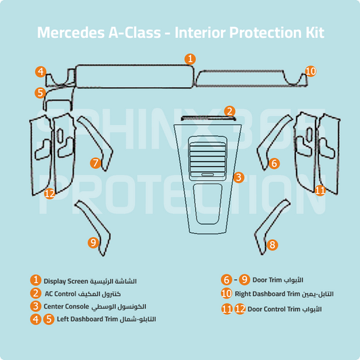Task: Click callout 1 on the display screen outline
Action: point(190,59)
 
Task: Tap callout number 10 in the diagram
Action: point(310,71)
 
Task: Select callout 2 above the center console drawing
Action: point(230,111)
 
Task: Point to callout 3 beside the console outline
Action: point(238,177)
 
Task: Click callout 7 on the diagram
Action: point(95,162)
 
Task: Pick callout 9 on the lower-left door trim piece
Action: point(93,242)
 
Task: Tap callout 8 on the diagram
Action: point(272,245)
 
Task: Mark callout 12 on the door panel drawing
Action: point(49,193)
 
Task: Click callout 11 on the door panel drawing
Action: point(320,190)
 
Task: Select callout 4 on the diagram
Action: point(41,71)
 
